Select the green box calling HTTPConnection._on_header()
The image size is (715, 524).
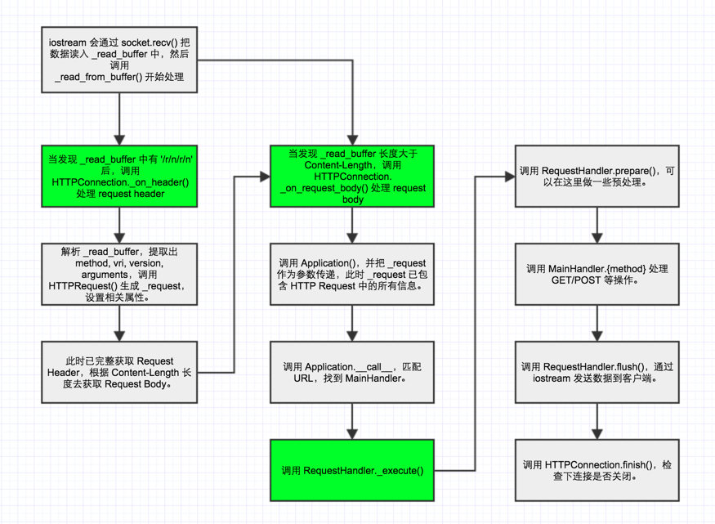coord(119,176)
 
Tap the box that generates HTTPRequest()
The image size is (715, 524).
coord(119,274)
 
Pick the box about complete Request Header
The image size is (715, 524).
coord(119,372)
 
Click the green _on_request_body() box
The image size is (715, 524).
coord(352,176)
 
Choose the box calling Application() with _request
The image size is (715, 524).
coord(352,274)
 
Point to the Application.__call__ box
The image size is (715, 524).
coord(352,372)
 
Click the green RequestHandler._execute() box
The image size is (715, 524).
coord(352,470)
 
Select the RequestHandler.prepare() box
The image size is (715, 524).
coord(597,176)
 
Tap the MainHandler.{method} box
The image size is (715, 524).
coord(597,274)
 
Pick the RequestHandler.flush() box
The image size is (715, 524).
coord(597,372)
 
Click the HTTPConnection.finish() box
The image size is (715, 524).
coord(597,470)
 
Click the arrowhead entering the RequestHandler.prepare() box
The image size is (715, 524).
coord(510,176)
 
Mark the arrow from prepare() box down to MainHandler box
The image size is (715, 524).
coord(597,225)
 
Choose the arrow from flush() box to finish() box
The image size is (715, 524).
coord(597,421)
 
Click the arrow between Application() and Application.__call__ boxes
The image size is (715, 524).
coord(352,323)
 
